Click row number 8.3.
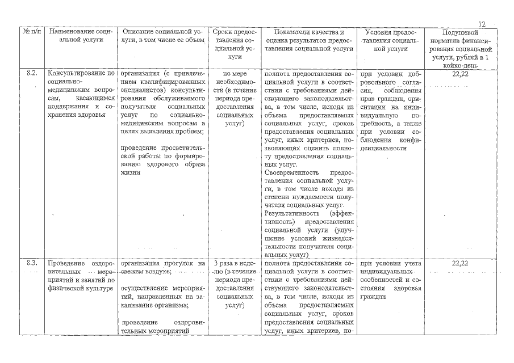pyautogui.click(x=32, y=264)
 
